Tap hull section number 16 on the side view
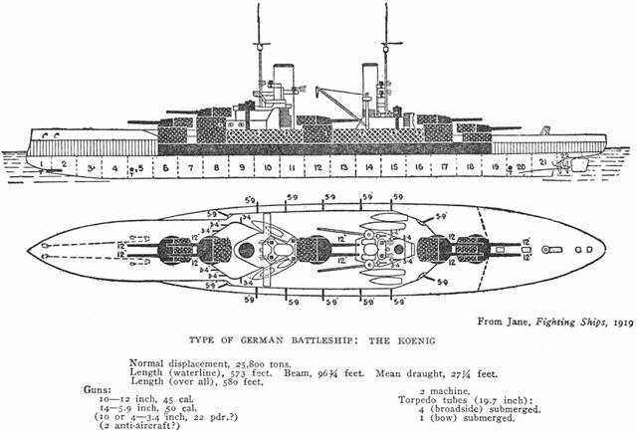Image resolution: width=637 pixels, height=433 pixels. pos(419,167)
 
